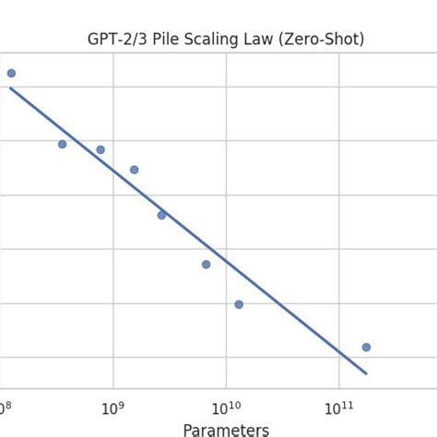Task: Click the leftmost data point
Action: (11, 73)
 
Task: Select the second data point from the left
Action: (62, 144)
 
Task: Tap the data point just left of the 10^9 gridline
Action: (100, 149)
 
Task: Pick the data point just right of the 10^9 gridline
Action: (134, 170)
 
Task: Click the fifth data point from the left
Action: (161, 215)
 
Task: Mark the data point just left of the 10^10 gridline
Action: (206, 265)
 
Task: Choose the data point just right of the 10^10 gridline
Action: (239, 304)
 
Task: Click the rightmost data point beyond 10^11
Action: (366, 347)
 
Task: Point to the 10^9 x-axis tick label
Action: (112, 407)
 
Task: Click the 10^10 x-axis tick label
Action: (226, 407)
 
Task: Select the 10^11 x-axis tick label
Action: (339, 407)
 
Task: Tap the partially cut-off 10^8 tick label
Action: (5, 407)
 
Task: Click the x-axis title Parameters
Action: (226, 430)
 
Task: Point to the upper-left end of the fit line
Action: (10, 88)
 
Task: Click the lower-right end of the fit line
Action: (367, 373)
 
